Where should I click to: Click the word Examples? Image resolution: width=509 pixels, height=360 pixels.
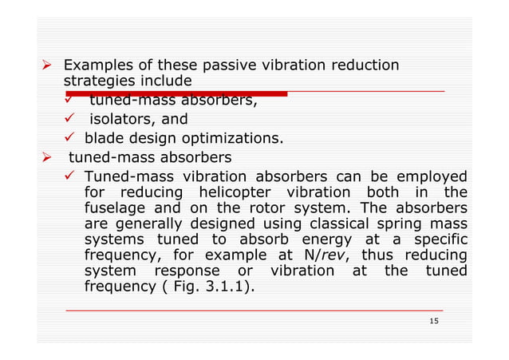click(x=98, y=65)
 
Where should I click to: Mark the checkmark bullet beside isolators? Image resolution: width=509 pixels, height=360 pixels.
click(x=69, y=120)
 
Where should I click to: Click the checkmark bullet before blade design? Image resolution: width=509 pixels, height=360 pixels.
click(x=69, y=139)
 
